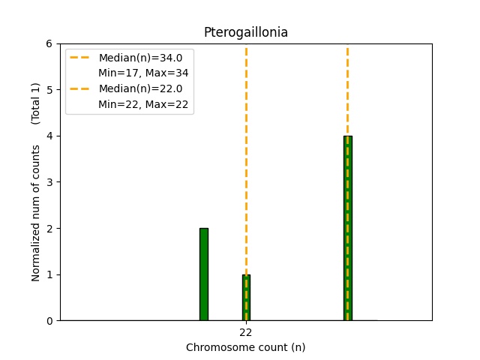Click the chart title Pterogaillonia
tap(245, 33)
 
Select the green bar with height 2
tap(204, 274)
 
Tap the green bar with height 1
tap(246, 298)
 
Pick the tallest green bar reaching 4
tap(347, 228)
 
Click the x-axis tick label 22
tap(246, 332)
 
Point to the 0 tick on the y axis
tap(49, 321)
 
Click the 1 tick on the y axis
tap(49, 274)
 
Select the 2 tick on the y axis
tap(49, 229)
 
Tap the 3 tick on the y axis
tap(49, 182)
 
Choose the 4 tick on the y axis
tap(49, 136)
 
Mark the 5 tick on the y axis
tap(49, 90)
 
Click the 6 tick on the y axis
tap(49, 43)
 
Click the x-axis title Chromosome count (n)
tap(245, 347)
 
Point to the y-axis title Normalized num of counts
tap(36, 213)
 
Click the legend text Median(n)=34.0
tap(140, 58)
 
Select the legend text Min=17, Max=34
tap(143, 73)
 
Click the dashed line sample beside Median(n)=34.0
tap(81, 58)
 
